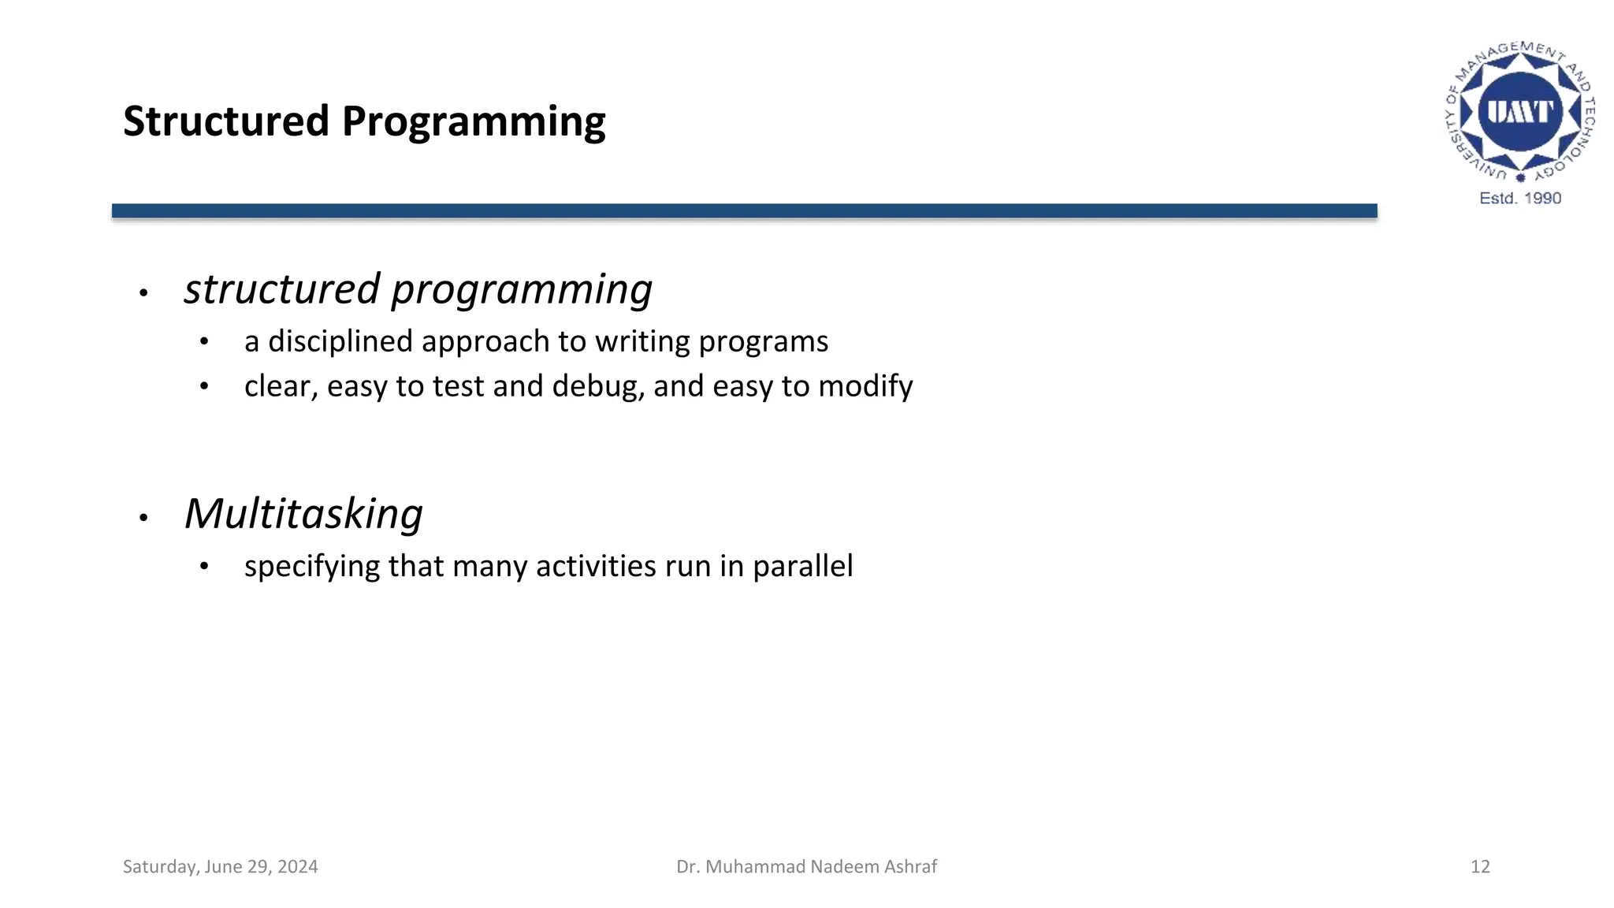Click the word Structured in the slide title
226,121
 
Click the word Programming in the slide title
474,123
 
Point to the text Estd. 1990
1520,198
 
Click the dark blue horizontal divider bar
744,210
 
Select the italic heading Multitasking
303,514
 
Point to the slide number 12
1480,867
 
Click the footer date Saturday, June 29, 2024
221,867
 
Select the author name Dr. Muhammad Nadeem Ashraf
807,867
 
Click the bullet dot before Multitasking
143,518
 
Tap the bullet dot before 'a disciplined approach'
204,342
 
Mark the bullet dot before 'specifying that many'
204,567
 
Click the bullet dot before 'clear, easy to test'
204,387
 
